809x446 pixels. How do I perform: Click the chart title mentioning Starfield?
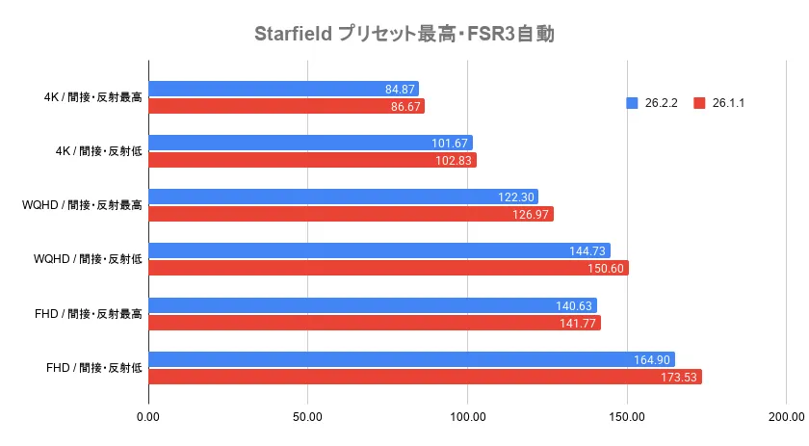[404, 35]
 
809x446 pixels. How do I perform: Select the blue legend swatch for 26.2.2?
[632, 103]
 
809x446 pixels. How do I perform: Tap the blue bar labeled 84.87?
[284, 90]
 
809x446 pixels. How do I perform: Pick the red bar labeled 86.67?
[287, 106]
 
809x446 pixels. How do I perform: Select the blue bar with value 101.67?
[311, 144]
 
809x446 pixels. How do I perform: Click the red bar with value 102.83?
[313, 160]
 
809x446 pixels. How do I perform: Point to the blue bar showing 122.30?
[344, 197]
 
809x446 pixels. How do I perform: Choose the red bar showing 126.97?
[352, 214]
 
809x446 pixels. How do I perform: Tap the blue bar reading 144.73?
[379, 250]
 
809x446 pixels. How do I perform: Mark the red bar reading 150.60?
[389, 268]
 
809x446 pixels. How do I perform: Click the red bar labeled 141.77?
[375, 322]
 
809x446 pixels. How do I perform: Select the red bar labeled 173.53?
[425, 376]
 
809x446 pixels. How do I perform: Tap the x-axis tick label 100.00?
[467, 416]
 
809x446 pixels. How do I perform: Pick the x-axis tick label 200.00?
[786, 416]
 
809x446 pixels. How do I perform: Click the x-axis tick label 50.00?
[308, 416]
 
